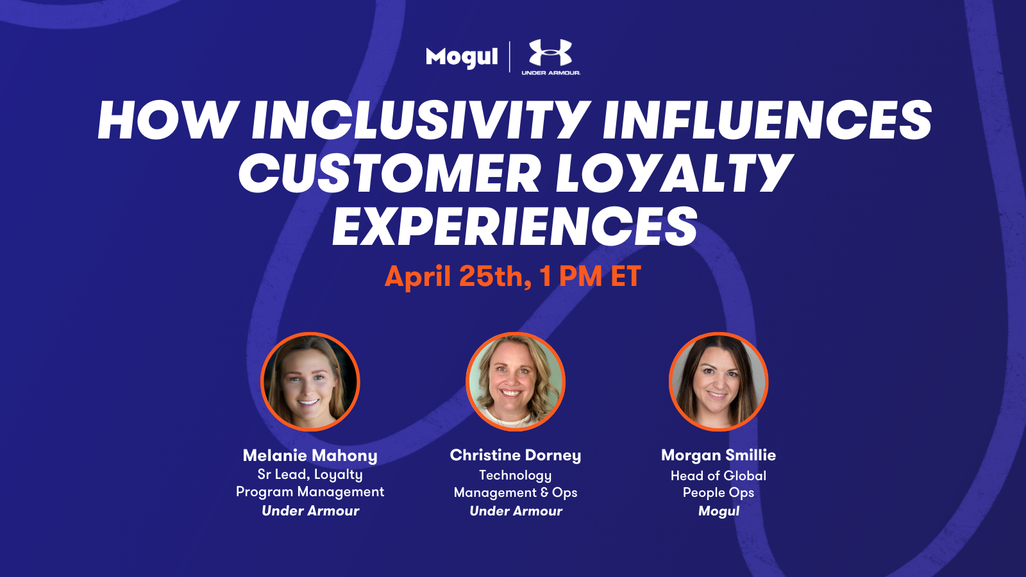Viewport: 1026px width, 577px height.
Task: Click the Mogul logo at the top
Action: coord(462,57)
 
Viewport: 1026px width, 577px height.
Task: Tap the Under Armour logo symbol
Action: coord(551,52)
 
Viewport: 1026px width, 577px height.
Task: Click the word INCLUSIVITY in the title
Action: coord(419,121)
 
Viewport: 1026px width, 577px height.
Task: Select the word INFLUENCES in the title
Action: coord(767,121)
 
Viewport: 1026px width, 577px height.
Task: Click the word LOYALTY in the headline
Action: coord(673,174)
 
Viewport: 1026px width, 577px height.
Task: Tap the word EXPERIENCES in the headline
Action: coord(514,226)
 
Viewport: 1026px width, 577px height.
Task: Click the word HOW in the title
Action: coord(166,121)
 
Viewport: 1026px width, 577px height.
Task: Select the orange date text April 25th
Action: coord(458,276)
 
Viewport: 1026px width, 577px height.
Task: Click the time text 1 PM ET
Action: coord(590,276)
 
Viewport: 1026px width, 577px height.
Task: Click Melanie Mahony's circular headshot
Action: coord(310,381)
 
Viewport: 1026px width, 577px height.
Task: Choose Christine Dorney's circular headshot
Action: coord(516,381)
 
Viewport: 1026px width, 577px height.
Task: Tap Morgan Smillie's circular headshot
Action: coord(718,381)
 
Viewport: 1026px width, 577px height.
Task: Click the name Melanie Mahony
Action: coord(310,456)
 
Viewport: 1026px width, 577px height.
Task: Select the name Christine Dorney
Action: coord(516,455)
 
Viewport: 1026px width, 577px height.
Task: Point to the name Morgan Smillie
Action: coord(718,455)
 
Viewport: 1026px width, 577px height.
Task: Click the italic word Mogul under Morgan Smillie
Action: coord(718,511)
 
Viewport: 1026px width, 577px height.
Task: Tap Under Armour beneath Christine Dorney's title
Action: coord(516,511)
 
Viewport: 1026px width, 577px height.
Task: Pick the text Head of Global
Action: coord(718,476)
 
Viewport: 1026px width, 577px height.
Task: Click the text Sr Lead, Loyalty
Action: coord(310,475)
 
